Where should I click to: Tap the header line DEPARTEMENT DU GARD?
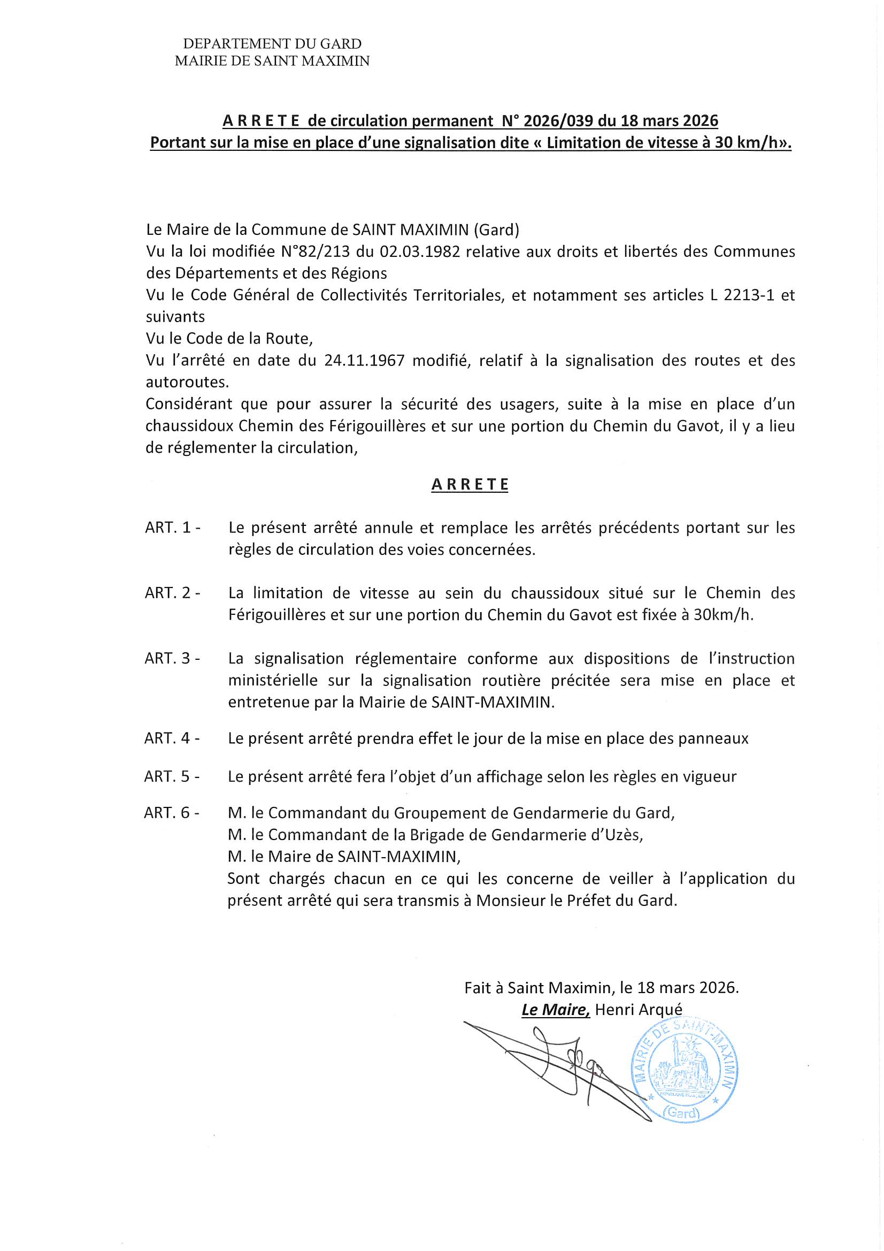pos(272,43)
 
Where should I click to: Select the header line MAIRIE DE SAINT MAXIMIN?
pos(272,61)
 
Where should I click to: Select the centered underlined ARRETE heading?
pos(470,484)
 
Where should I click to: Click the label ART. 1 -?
pos(172,528)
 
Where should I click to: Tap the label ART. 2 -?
pos(172,593)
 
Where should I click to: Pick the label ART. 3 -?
pos(172,658)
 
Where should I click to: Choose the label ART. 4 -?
pos(172,738)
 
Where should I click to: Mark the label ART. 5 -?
pos(172,776)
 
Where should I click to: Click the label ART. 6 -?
pos(172,813)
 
